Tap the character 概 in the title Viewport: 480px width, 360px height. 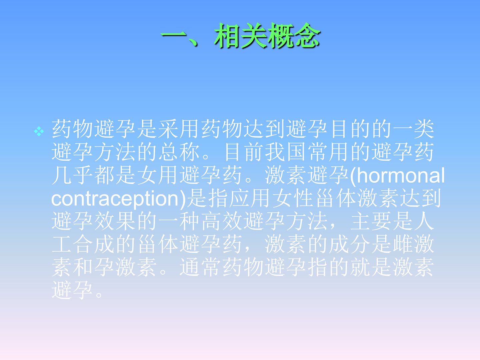[281, 35]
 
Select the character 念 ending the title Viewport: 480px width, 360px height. [307, 35]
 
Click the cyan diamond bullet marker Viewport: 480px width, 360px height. [39, 131]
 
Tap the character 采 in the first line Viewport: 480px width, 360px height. [168, 129]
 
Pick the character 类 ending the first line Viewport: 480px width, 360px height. [424, 129]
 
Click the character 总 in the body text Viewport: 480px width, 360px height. [168, 152]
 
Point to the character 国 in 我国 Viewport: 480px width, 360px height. [296, 152]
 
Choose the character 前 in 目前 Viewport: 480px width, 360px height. [254, 152]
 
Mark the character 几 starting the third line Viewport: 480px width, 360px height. [62, 175]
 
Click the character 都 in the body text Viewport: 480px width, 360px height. [104, 175]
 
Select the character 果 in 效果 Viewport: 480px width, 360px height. [126, 221]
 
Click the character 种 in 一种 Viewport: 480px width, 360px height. [190, 221]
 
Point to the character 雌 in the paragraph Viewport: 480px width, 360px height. [403, 244]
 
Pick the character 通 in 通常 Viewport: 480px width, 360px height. [190, 267]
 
